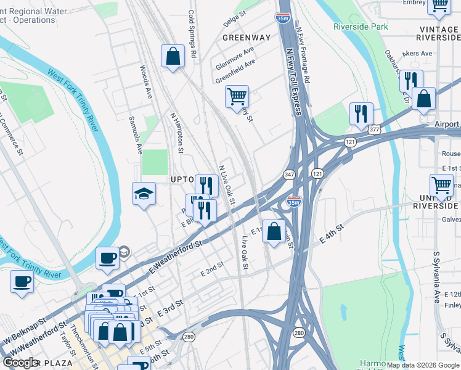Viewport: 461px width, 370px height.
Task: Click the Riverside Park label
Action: click(361, 27)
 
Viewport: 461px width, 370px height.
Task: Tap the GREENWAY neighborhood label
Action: click(247, 38)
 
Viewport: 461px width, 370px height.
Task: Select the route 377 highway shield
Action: click(374, 129)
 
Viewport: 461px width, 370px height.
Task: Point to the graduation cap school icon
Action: click(144, 194)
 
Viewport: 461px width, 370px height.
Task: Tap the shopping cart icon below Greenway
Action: click(237, 97)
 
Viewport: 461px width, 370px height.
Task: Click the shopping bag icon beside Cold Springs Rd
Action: click(173, 56)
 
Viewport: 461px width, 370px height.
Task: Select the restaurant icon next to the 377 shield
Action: click(361, 113)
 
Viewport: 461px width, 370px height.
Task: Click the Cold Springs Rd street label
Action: click(192, 34)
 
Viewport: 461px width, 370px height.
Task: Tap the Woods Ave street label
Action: click(145, 82)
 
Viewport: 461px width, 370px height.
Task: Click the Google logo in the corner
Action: click(21, 363)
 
